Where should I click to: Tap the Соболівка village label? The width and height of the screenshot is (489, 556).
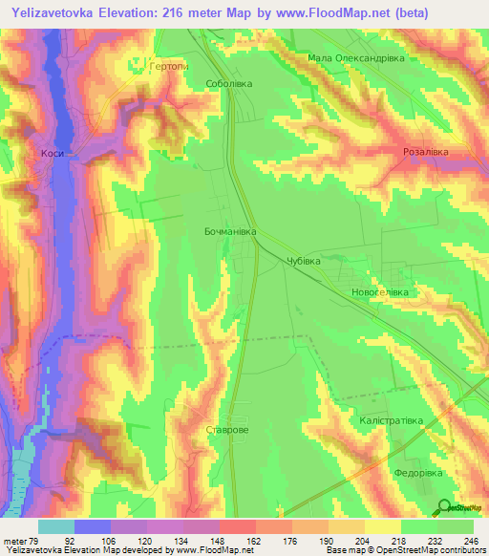pyautogui.click(x=229, y=84)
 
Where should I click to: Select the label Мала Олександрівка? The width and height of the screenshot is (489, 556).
pyautogui.click(x=357, y=58)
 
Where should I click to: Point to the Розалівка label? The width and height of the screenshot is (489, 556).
pyautogui.click(x=425, y=152)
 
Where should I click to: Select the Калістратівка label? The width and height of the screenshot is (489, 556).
pyautogui.click(x=392, y=419)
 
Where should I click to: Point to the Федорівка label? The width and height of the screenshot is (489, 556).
pyautogui.click(x=420, y=472)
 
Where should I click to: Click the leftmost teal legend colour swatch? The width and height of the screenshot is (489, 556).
pyautogui.click(x=55, y=526)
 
